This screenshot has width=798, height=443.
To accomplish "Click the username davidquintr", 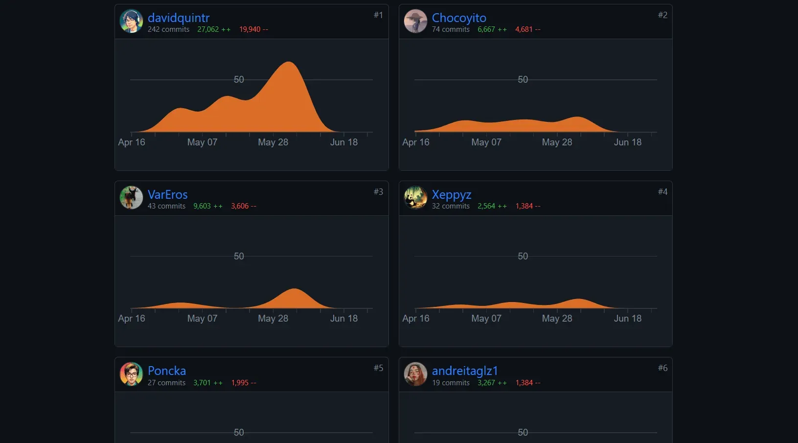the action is tap(179, 18).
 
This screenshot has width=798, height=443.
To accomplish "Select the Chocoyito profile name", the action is tap(459, 18).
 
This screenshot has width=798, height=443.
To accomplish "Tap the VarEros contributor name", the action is tap(167, 194).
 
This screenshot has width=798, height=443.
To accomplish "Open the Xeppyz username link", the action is tap(452, 195).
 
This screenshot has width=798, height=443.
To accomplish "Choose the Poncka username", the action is tap(167, 371).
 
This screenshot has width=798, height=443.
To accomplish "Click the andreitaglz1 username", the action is tap(465, 371).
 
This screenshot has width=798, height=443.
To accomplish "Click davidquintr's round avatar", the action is tap(131, 21).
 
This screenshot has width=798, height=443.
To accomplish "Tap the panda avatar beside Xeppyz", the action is tap(415, 197).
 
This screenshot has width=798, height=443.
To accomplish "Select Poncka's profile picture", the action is tap(131, 374).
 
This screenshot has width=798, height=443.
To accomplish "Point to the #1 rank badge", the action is tap(378, 15).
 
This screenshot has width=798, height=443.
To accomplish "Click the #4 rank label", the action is tap(662, 192).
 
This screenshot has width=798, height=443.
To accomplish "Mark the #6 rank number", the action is tap(662, 368).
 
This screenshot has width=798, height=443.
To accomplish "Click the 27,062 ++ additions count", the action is tap(214, 29).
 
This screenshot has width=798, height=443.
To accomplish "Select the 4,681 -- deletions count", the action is tap(527, 29).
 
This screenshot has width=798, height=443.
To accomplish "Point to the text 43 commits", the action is tap(166, 206).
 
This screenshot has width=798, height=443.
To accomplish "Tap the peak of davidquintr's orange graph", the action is tap(289, 62).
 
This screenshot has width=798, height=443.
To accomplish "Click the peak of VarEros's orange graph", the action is tap(294, 289).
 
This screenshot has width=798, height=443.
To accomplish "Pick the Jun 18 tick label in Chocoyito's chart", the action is tap(627, 142).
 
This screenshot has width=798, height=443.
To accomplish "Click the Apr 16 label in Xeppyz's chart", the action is tap(416, 318).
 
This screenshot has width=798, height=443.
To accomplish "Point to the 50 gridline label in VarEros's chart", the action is tap(239, 256).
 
